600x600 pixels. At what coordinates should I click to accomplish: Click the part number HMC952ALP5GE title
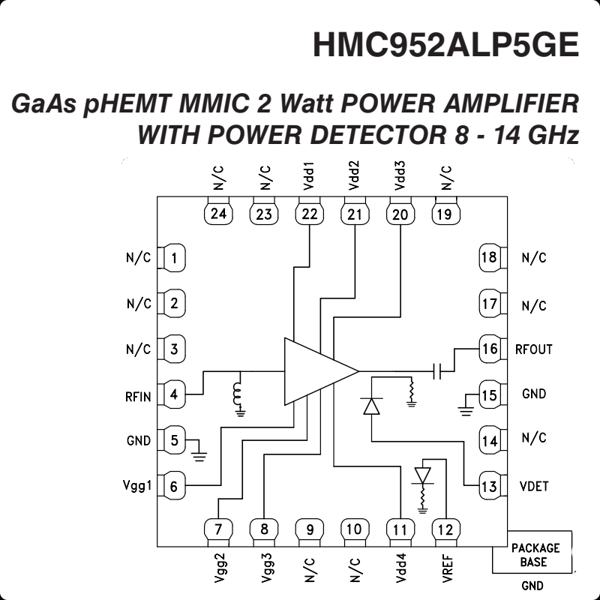pyautogui.click(x=445, y=45)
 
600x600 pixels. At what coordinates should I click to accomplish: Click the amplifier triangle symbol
pyautogui.click(x=316, y=371)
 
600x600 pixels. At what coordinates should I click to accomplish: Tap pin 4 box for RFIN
pyautogui.click(x=174, y=394)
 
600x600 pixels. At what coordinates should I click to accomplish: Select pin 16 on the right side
pyautogui.click(x=489, y=349)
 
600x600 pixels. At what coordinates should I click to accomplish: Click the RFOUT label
pyautogui.click(x=534, y=349)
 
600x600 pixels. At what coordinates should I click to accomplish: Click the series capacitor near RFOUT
pyautogui.click(x=439, y=370)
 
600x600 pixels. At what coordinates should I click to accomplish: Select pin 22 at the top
pyautogui.click(x=308, y=214)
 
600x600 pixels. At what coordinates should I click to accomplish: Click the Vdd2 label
pyautogui.click(x=354, y=175)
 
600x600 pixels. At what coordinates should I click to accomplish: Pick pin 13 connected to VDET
pyautogui.click(x=489, y=486)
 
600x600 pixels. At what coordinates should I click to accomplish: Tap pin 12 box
pyautogui.click(x=445, y=529)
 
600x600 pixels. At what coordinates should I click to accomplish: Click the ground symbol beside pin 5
pyautogui.click(x=199, y=451)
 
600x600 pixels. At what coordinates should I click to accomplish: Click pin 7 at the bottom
pyautogui.click(x=217, y=529)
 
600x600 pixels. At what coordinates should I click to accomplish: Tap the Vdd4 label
pyautogui.click(x=400, y=568)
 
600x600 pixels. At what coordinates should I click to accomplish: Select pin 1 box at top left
pyautogui.click(x=174, y=259)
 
